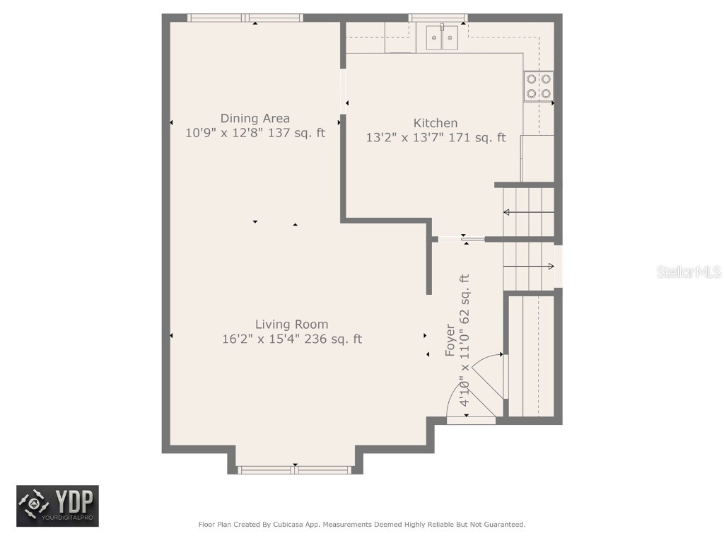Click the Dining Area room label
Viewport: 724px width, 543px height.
255,118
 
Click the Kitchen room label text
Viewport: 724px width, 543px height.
436,123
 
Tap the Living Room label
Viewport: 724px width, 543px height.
291,325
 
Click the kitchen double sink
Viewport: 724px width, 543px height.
443,37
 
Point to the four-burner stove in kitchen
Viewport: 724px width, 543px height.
538,86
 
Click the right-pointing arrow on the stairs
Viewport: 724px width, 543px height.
529,267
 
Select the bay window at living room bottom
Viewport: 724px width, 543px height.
294,469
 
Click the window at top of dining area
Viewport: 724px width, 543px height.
245,18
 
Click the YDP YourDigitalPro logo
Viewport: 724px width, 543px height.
58,506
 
